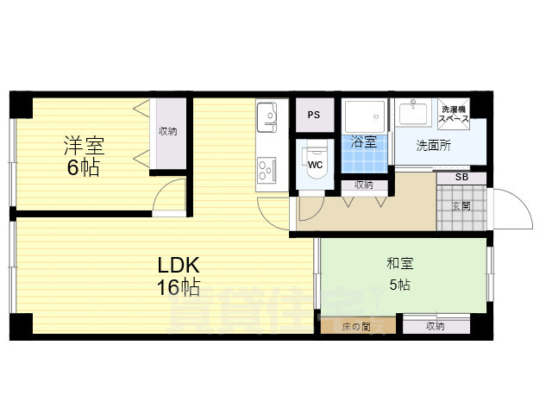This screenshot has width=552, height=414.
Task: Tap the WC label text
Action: pyautogui.click(x=315, y=164)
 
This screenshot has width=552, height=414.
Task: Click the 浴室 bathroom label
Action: pyautogui.click(x=364, y=142)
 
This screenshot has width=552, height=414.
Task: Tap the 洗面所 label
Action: pyautogui.click(x=433, y=145)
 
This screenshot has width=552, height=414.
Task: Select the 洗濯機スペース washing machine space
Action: pyautogui.click(x=455, y=114)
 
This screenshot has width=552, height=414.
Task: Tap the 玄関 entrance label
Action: pyautogui.click(x=461, y=206)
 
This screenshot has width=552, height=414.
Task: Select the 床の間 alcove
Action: pyautogui.click(x=356, y=326)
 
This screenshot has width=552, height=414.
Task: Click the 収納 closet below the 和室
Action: pyautogui.click(x=436, y=326)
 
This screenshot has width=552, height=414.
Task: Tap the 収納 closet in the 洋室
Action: pyautogui.click(x=168, y=132)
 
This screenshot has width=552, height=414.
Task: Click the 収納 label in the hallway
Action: pyautogui.click(x=363, y=185)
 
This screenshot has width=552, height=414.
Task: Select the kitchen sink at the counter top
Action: pyautogui.click(x=267, y=114)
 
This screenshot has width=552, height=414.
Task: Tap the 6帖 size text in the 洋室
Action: pyautogui.click(x=84, y=168)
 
